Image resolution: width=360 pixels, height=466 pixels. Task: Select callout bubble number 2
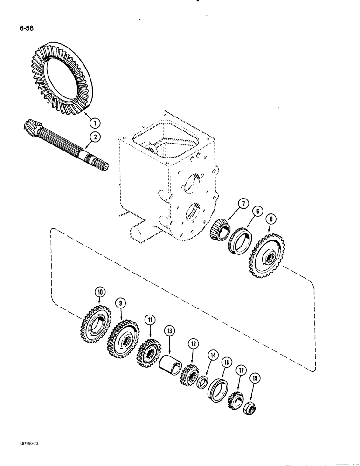(x=95, y=136)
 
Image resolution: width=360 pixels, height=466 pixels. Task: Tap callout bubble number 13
(x=170, y=330)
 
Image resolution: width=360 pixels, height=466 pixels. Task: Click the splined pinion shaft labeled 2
(x=65, y=144)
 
